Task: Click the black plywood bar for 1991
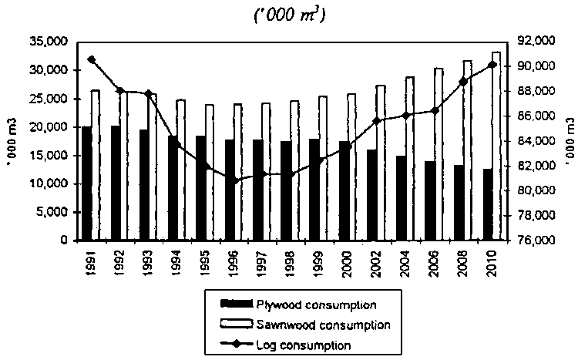(86, 183)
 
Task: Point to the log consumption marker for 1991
(91, 59)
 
